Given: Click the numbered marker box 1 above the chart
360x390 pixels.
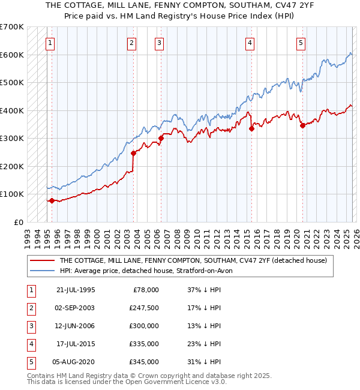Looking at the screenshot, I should click(50, 43).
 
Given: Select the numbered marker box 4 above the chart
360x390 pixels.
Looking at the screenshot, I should click(249, 43).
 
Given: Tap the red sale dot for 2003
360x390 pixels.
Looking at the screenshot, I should click(134, 153).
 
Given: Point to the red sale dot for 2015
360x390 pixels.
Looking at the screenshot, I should click(252, 128).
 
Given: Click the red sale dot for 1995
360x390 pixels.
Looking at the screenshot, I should click(52, 200).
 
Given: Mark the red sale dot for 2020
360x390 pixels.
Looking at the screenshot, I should click(302, 125).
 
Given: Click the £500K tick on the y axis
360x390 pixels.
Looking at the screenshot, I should click(12, 83).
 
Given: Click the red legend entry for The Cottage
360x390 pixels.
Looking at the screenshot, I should click(193, 261).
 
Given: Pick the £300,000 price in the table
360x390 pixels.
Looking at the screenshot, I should click(144, 326).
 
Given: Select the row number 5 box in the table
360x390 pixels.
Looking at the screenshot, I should click(31, 362).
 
